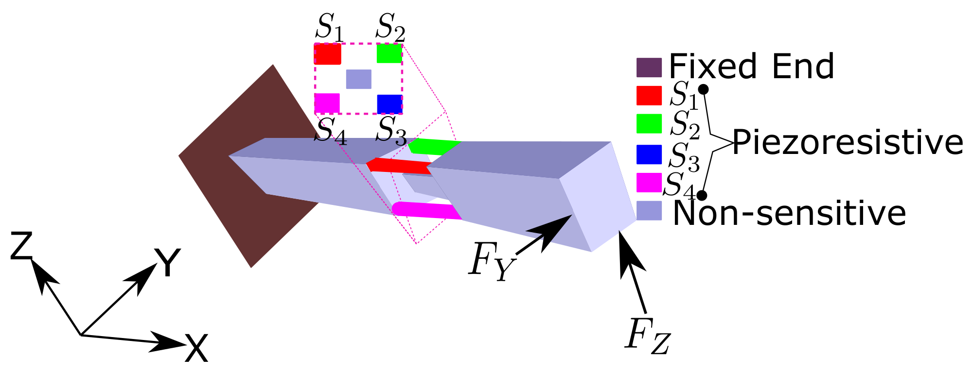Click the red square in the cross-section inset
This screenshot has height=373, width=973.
pyautogui.click(x=327, y=54)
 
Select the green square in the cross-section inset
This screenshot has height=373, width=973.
pyautogui.click(x=389, y=53)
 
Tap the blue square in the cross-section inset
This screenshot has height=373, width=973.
pyautogui.click(x=389, y=104)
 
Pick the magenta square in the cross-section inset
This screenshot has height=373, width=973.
pyautogui.click(x=327, y=103)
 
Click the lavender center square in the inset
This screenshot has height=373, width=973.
pyautogui.click(x=358, y=79)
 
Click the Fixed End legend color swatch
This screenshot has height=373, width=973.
pyautogui.click(x=649, y=68)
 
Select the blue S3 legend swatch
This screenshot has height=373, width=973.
pyautogui.click(x=649, y=154)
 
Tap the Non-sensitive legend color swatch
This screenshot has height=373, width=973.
pyautogui.click(x=649, y=211)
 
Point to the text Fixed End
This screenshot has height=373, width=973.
pyautogui.click(x=751, y=66)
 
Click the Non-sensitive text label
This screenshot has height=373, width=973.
pyautogui.click(x=789, y=213)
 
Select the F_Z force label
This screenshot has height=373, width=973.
pyautogui.click(x=647, y=335)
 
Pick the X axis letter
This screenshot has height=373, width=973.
pyautogui.click(x=196, y=348)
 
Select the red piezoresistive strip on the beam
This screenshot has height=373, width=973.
pyautogui.click(x=399, y=166)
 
